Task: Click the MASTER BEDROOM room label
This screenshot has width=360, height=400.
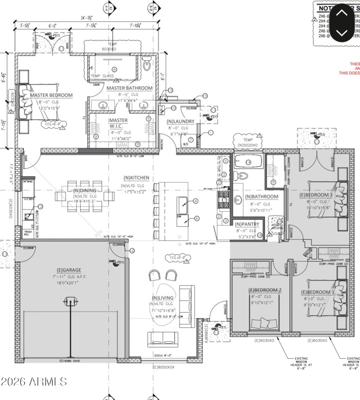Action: click(x=51, y=95)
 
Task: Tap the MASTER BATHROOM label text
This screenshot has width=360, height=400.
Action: click(x=130, y=88)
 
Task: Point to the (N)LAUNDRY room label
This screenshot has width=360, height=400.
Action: click(x=180, y=121)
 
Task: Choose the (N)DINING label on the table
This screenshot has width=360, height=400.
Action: click(x=85, y=191)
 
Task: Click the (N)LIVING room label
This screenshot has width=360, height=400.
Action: click(x=163, y=298)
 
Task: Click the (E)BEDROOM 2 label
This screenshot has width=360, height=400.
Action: click(x=265, y=290)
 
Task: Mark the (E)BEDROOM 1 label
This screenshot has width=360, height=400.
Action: click(x=317, y=293)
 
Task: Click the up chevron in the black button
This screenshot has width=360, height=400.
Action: click(x=342, y=13)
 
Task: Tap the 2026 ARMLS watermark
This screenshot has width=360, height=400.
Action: click(x=34, y=382)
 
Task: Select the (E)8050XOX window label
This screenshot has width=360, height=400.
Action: click(x=163, y=367)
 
